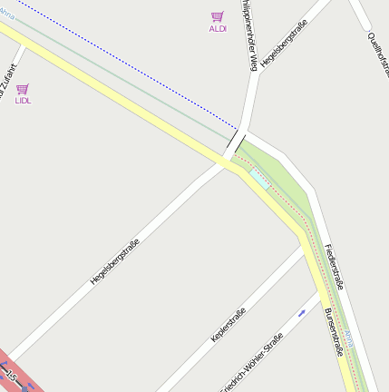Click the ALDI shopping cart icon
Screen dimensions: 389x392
[217, 16]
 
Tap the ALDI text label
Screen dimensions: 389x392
[218, 29]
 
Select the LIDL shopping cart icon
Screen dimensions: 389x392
[23, 89]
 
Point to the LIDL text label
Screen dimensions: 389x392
[23, 101]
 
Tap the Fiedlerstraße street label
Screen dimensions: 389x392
[333, 266]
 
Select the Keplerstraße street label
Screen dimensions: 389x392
[229, 326]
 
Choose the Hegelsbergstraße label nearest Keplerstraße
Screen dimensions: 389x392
[115, 260]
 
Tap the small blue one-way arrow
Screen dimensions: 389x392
[302, 313]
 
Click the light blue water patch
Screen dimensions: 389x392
[258, 179]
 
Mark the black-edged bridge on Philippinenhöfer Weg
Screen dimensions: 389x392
[236, 143]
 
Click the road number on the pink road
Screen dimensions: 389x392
[11, 374]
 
